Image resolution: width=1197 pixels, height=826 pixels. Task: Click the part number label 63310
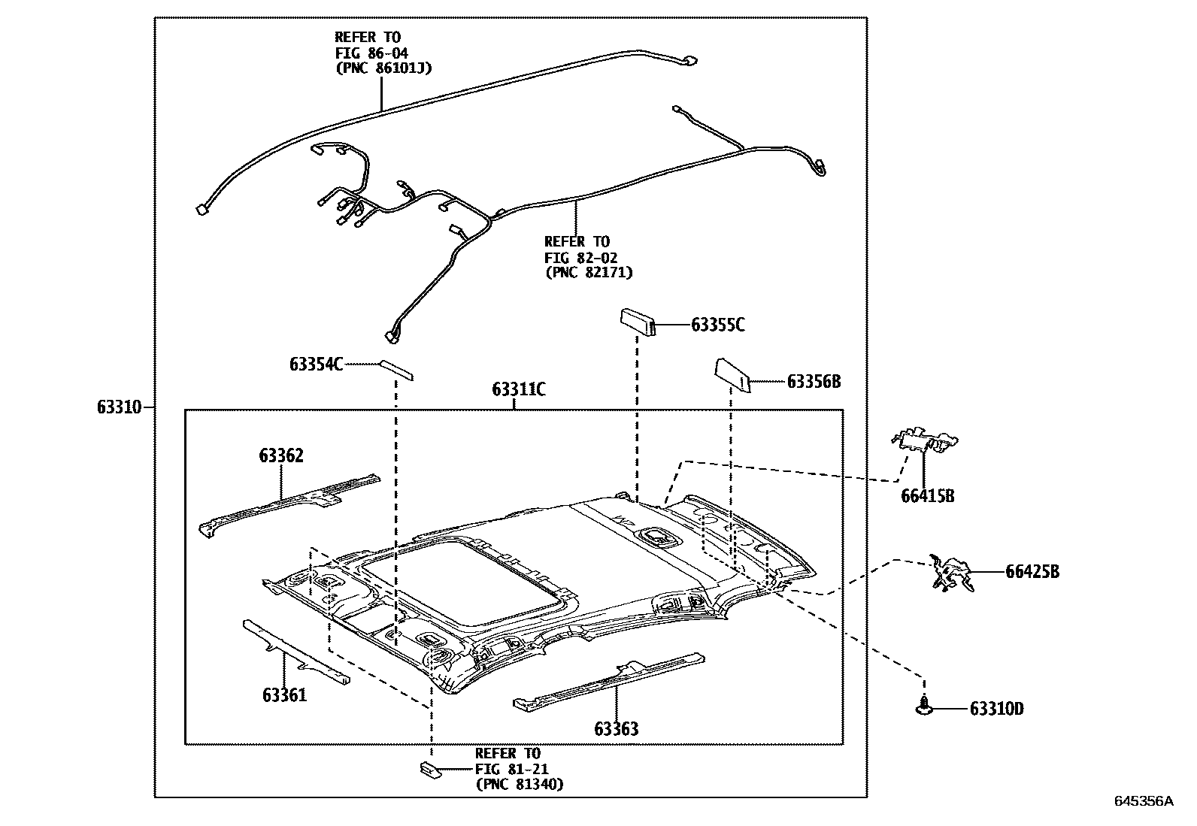[119, 408]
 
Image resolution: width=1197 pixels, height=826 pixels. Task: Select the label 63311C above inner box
[519, 389]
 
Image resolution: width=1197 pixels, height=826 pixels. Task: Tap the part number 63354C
[316, 365]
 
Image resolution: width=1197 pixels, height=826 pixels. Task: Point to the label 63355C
[718, 325]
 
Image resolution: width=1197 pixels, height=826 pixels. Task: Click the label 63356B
[814, 381]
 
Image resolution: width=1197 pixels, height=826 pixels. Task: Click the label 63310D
[996, 709]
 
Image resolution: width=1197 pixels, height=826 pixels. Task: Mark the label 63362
[281, 455]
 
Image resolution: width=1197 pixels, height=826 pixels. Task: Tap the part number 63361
[284, 694]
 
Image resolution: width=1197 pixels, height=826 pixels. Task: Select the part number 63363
[616, 728]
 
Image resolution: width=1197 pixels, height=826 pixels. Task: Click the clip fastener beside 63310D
[923, 705]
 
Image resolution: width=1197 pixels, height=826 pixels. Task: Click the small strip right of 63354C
[395, 369]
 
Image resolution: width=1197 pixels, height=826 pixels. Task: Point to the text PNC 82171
[588, 272]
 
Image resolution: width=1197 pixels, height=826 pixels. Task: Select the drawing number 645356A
[1143, 801]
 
